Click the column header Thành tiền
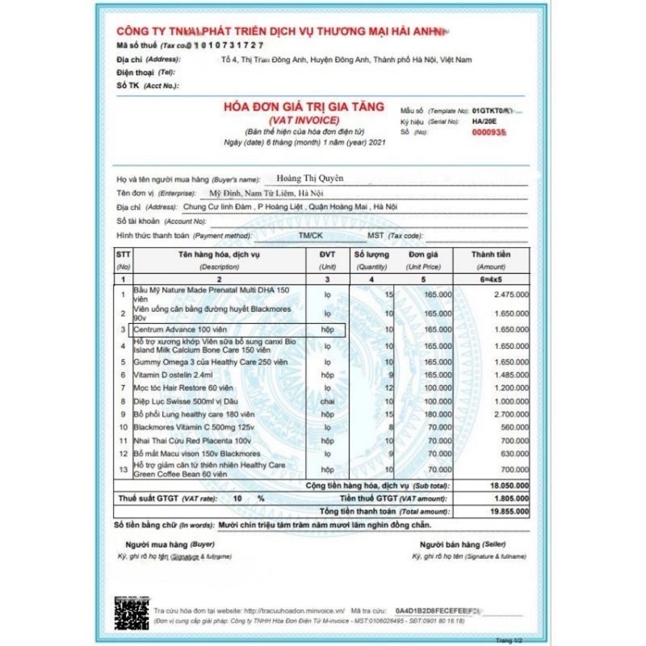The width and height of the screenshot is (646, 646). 491,254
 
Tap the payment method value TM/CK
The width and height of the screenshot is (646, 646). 310,235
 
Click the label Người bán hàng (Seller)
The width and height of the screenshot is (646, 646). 455,546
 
